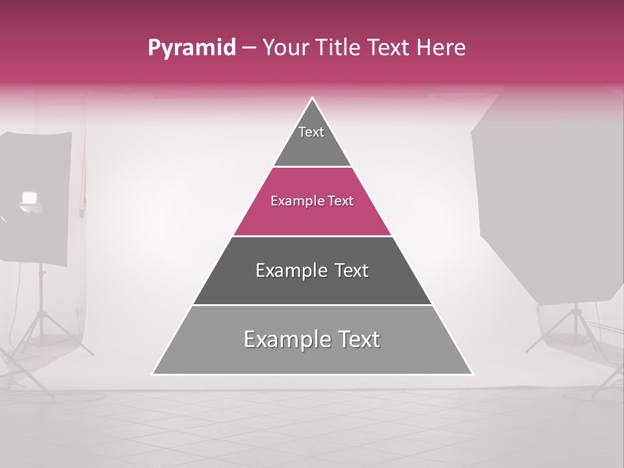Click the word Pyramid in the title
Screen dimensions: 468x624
click(191, 48)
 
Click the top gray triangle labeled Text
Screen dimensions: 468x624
click(312, 140)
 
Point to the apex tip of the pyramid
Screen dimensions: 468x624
click(313, 99)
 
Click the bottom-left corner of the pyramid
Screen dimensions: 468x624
click(153, 374)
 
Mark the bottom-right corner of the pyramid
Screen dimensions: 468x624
click(472, 374)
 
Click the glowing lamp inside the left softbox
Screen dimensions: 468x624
click(29, 198)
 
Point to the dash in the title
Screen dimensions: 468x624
click(248, 48)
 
